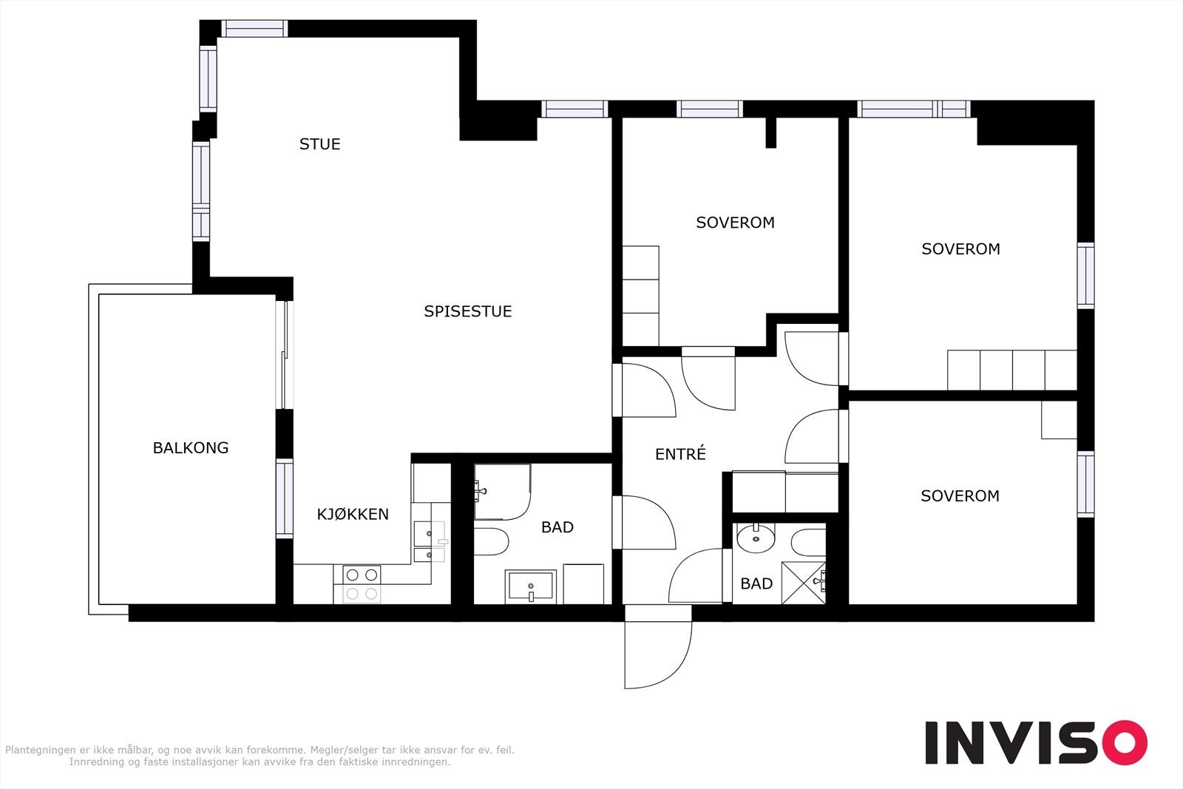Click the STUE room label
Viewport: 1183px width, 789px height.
(319, 144)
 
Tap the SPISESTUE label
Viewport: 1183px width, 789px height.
(468, 311)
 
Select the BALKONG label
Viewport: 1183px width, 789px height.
(191, 448)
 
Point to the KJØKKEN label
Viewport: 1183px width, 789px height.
(353, 514)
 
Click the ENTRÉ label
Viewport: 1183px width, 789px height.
(680, 453)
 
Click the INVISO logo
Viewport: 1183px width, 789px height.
(1036, 742)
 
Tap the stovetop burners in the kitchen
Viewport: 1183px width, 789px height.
(362, 584)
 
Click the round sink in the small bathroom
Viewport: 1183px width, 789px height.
(756, 538)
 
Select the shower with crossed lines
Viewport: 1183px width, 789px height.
(803, 583)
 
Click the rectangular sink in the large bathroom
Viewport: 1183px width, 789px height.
(531, 586)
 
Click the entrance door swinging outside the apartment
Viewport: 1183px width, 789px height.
(657, 655)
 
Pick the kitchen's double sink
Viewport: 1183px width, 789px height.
(430, 541)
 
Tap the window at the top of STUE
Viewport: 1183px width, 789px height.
(254, 29)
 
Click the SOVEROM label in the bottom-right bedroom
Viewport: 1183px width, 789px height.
(960, 496)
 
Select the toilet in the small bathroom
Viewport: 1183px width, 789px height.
(809, 542)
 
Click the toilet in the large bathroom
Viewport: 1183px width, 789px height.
(491, 541)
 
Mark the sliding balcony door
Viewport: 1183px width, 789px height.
(284, 355)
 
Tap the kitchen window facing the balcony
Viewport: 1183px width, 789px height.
(284, 498)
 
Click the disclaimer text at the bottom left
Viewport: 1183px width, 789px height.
(260, 756)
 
